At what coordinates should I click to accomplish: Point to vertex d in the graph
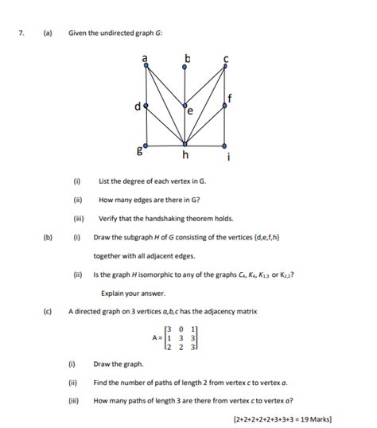[x=146, y=104]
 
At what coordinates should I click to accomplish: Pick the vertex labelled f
[x=225, y=104]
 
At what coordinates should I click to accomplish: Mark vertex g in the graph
[x=146, y=146]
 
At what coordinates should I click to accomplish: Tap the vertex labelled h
[x=185, y=146]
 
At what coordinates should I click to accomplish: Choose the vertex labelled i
[x=225, y=146]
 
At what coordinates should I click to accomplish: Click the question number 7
[x=24, y=33]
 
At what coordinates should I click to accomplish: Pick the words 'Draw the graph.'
[x=119, y=364]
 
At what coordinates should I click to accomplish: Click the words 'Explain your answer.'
[x=132, y=293]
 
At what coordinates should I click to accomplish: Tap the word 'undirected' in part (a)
[x=122, y=33]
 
